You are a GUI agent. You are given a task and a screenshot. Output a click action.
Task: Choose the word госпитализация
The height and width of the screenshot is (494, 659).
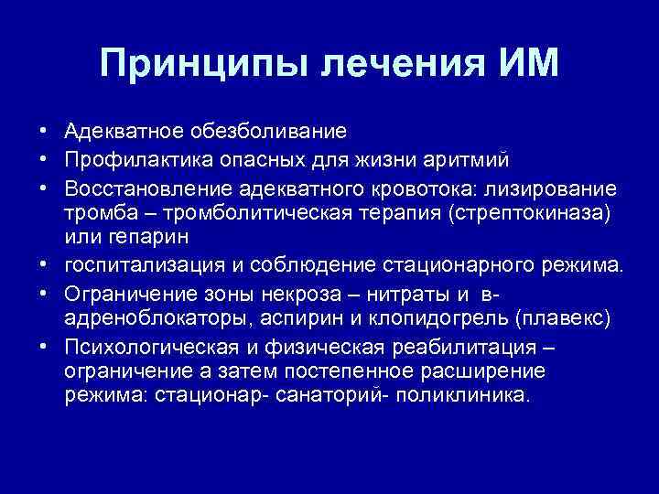pyautogui.click(x=135, y=265)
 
